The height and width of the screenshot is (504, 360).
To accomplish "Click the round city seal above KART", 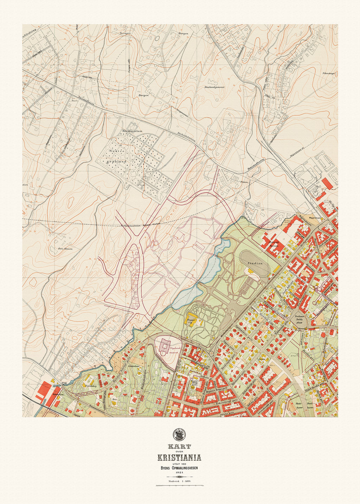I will tap(179, 435).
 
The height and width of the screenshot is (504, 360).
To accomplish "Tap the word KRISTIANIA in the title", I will tap(179, 457).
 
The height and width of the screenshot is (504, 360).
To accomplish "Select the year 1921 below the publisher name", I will tap(180, 473).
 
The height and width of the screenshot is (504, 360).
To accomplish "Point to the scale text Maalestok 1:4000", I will tap(180, 480).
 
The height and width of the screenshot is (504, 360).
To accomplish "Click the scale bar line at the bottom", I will tap(180, 486).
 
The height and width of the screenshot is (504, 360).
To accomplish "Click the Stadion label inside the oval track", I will tap(255, 263).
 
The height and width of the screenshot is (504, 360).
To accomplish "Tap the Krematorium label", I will tap(132, 131).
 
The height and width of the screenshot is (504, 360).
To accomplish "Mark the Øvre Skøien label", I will tap(65, 249).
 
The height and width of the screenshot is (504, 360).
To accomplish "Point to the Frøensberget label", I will tap(329, 73).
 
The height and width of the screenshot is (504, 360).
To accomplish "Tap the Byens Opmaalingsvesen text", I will tap(180, 468).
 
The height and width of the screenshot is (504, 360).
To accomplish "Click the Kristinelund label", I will tap(134, 366).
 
